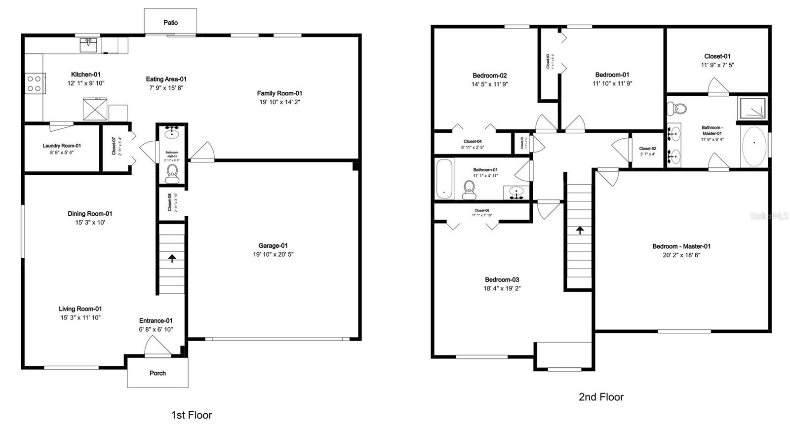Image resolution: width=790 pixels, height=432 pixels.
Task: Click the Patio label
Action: [170, 23]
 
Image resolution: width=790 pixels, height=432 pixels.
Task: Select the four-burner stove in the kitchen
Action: [34, 83]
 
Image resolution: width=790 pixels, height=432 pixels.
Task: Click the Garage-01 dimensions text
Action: [273, 255]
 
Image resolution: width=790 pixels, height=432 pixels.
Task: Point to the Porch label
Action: [158, 373]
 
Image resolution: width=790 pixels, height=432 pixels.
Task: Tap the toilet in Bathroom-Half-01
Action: [172, 172]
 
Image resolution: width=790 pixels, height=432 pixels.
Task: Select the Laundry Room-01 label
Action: [62, 146]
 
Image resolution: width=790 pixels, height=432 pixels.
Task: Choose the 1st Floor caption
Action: [192, 415]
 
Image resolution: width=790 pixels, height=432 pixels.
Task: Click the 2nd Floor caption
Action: [601, 397]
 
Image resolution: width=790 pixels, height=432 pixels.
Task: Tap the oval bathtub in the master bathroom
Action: [754, 147]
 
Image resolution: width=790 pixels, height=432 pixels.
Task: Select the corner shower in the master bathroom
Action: [752, 109]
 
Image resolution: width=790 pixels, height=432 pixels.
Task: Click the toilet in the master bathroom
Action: [676, 109]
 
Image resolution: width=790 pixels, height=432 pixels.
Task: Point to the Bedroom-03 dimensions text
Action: [502, 288]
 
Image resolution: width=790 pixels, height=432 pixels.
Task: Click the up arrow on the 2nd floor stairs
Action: [579, 230]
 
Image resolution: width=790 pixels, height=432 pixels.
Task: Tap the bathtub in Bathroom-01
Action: [444, 178]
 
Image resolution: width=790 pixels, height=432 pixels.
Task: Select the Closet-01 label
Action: [717, 56]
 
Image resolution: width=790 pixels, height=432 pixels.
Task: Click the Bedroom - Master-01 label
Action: [681, 246]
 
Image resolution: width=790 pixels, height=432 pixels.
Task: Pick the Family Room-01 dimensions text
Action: [279, 102]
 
